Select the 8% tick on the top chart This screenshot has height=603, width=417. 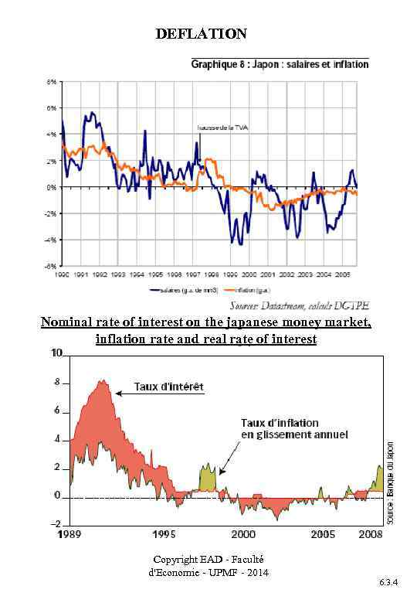(x=52, y=81)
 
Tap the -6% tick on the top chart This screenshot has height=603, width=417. (x=51, y=265)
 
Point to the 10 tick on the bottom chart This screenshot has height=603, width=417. (x=57, y=353)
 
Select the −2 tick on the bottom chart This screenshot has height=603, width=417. (x=56, y=524)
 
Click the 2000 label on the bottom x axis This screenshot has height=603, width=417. (x=244, y=534)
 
